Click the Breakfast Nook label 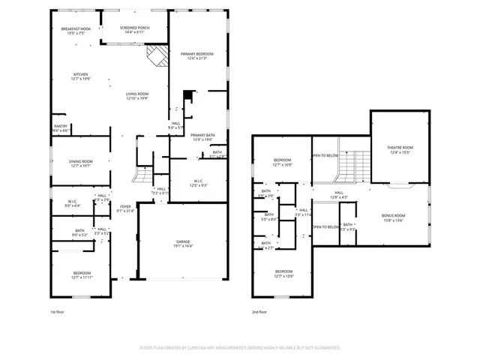(x=76, y=28)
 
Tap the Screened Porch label (x=134, y=28)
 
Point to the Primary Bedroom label (x=197, y=55)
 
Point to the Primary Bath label (x=202, y=135)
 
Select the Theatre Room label (x=400, y=148)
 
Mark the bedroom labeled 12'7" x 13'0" (x=283, y=274)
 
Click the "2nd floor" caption (x=260, y=310)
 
